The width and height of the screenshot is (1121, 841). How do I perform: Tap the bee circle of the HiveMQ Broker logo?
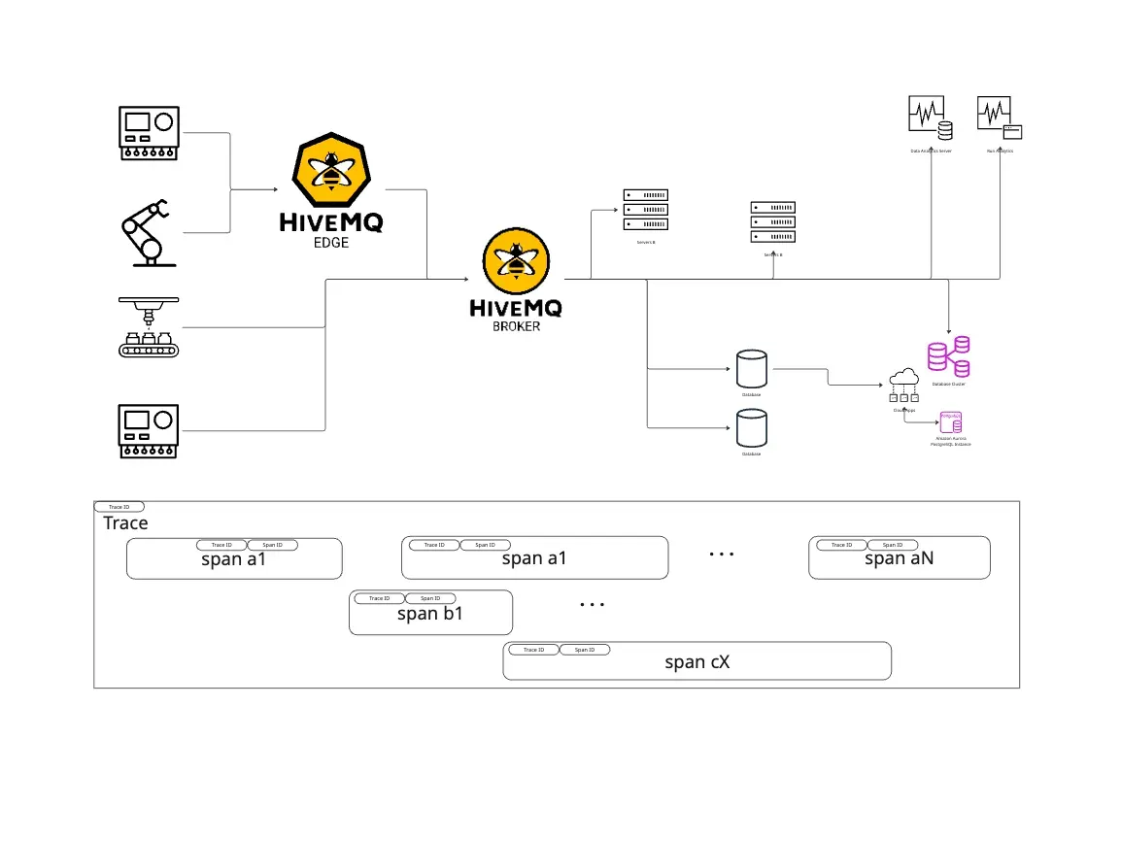tap(516, 261)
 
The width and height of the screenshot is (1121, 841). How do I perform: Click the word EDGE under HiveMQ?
tap(331, 243)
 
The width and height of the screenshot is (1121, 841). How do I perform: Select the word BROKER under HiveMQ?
tap(516, 327)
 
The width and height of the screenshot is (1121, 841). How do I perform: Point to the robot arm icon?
tap(147, 231)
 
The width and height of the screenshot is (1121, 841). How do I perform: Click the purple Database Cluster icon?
tap(949, 356)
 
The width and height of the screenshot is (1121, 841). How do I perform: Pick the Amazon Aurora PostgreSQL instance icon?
tap(950, 421)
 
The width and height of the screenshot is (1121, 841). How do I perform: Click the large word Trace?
tap(126, 523)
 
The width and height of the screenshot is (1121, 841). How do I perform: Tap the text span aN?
tap(900, 558)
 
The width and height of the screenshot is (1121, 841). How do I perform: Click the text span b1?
tap(430, 614)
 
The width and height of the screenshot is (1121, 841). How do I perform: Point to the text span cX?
tap(696, 662)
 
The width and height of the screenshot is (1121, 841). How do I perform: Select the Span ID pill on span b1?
tap(430, 598)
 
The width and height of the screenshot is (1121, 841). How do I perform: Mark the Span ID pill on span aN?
tap(893, 545)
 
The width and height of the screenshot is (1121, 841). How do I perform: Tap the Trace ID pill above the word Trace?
tap(119, 507)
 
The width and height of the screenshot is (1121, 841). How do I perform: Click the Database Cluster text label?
tap(949, 385)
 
